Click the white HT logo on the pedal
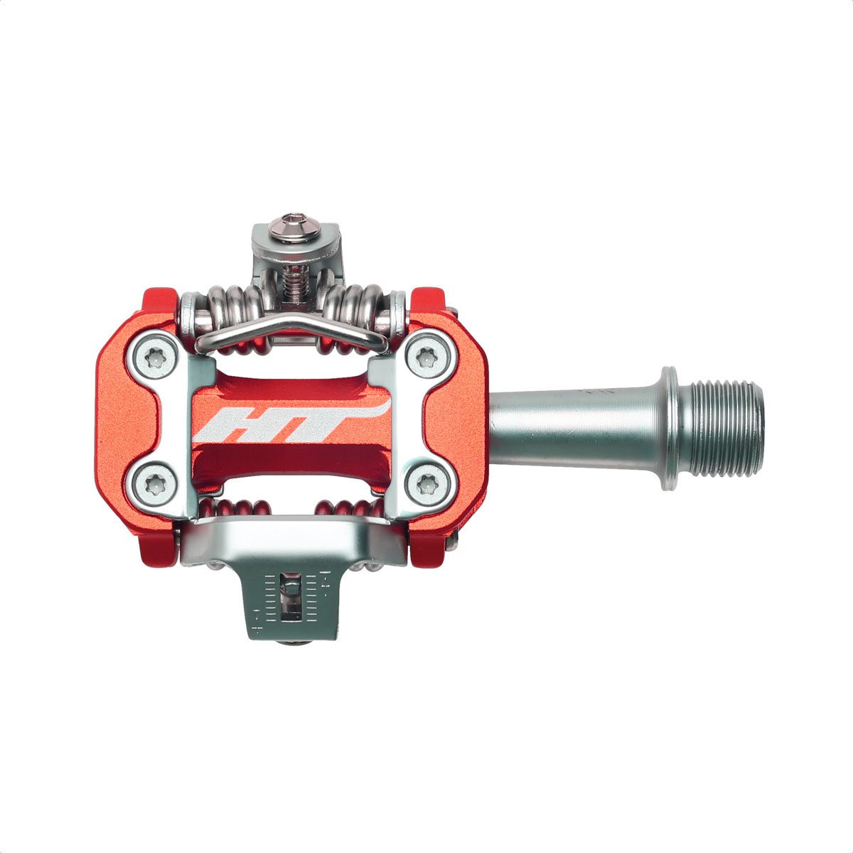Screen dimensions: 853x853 click(x=292, y=420)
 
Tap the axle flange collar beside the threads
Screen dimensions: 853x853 click(x=670, y=429)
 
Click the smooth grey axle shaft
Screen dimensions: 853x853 click(x=576, y=428)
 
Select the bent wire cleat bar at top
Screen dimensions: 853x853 click(x=291, y=330)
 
